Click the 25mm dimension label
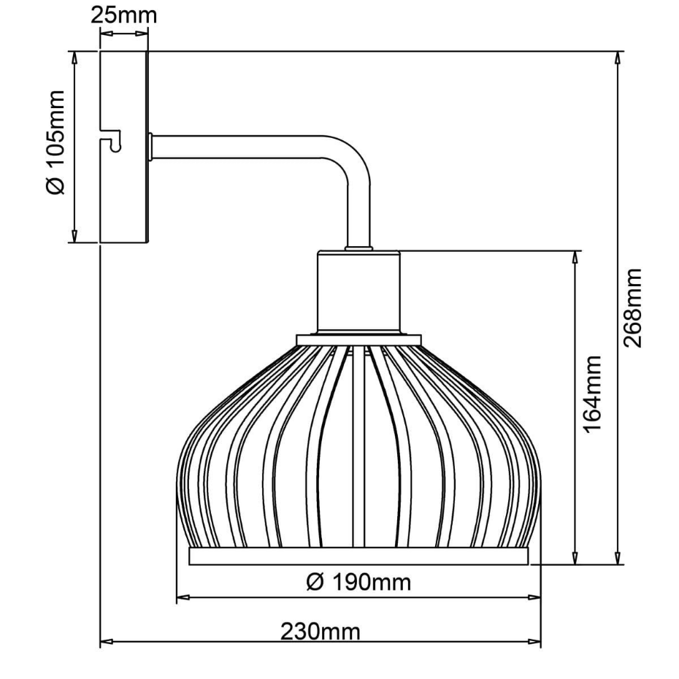click(x=124, y=15)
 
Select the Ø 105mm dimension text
click(x=55, y=142)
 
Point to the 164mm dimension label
click(x=592, y=394)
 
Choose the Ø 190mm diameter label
click(x=358, y=582)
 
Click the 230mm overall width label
click(x=321, y=632)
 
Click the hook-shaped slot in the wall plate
click(x=110, y=140)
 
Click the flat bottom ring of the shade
click(x=358, y=556)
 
